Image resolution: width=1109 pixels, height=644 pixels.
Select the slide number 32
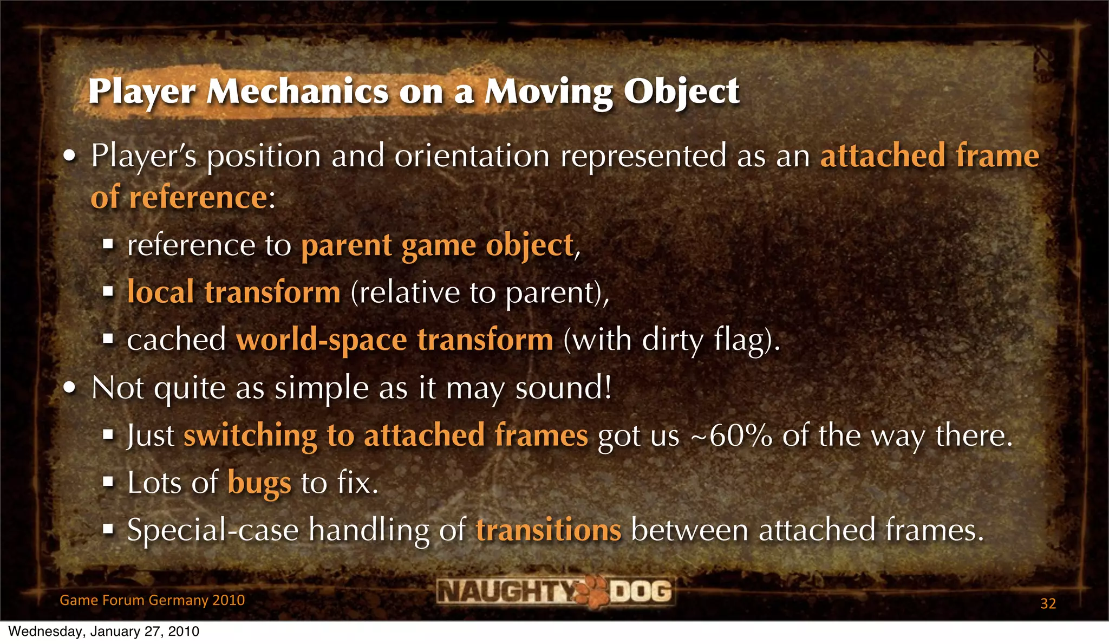click(x=1048, y=603)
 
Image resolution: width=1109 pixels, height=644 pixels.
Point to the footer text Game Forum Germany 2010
click(x=152, y=600)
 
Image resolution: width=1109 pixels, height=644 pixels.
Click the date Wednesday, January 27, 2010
click(x=104, y=632)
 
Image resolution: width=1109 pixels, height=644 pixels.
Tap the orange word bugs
click(x=259, y=482)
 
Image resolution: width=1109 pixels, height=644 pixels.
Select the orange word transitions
click(x=549, y=530)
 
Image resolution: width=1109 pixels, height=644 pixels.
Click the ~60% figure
click(x=731, y=435)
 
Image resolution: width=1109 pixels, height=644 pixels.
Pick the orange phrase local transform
click(x=234, y=292)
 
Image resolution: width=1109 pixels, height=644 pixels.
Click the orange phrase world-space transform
click(x=395, y=340)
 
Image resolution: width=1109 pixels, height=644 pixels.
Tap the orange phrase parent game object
click(x=437, y=245)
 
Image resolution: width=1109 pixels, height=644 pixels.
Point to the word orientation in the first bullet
click(x=472, y=156)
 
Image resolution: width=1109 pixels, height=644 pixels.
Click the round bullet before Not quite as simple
click(x=69, y=388)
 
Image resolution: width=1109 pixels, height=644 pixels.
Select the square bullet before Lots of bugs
click(x=108, y=482)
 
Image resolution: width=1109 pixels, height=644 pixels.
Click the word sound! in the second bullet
click(x=563, y=388)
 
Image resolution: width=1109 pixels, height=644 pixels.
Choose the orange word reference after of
click(x=198, y=197)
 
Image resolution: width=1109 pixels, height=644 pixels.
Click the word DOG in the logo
click(x=641, y=591)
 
